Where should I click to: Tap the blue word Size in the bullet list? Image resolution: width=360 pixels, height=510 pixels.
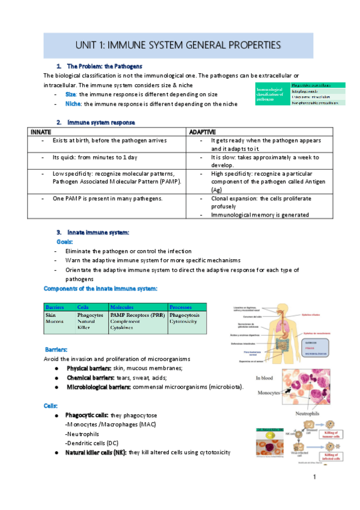(70, 94)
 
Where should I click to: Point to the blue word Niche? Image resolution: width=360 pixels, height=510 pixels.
(73, 103)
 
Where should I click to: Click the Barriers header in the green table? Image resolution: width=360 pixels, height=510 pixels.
(55, 307)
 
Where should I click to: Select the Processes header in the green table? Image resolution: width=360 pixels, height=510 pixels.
(181, 307)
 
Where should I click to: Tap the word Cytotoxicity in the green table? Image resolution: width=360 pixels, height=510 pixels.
(185, 322)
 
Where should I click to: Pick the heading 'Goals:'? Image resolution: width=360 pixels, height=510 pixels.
(64, 241)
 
